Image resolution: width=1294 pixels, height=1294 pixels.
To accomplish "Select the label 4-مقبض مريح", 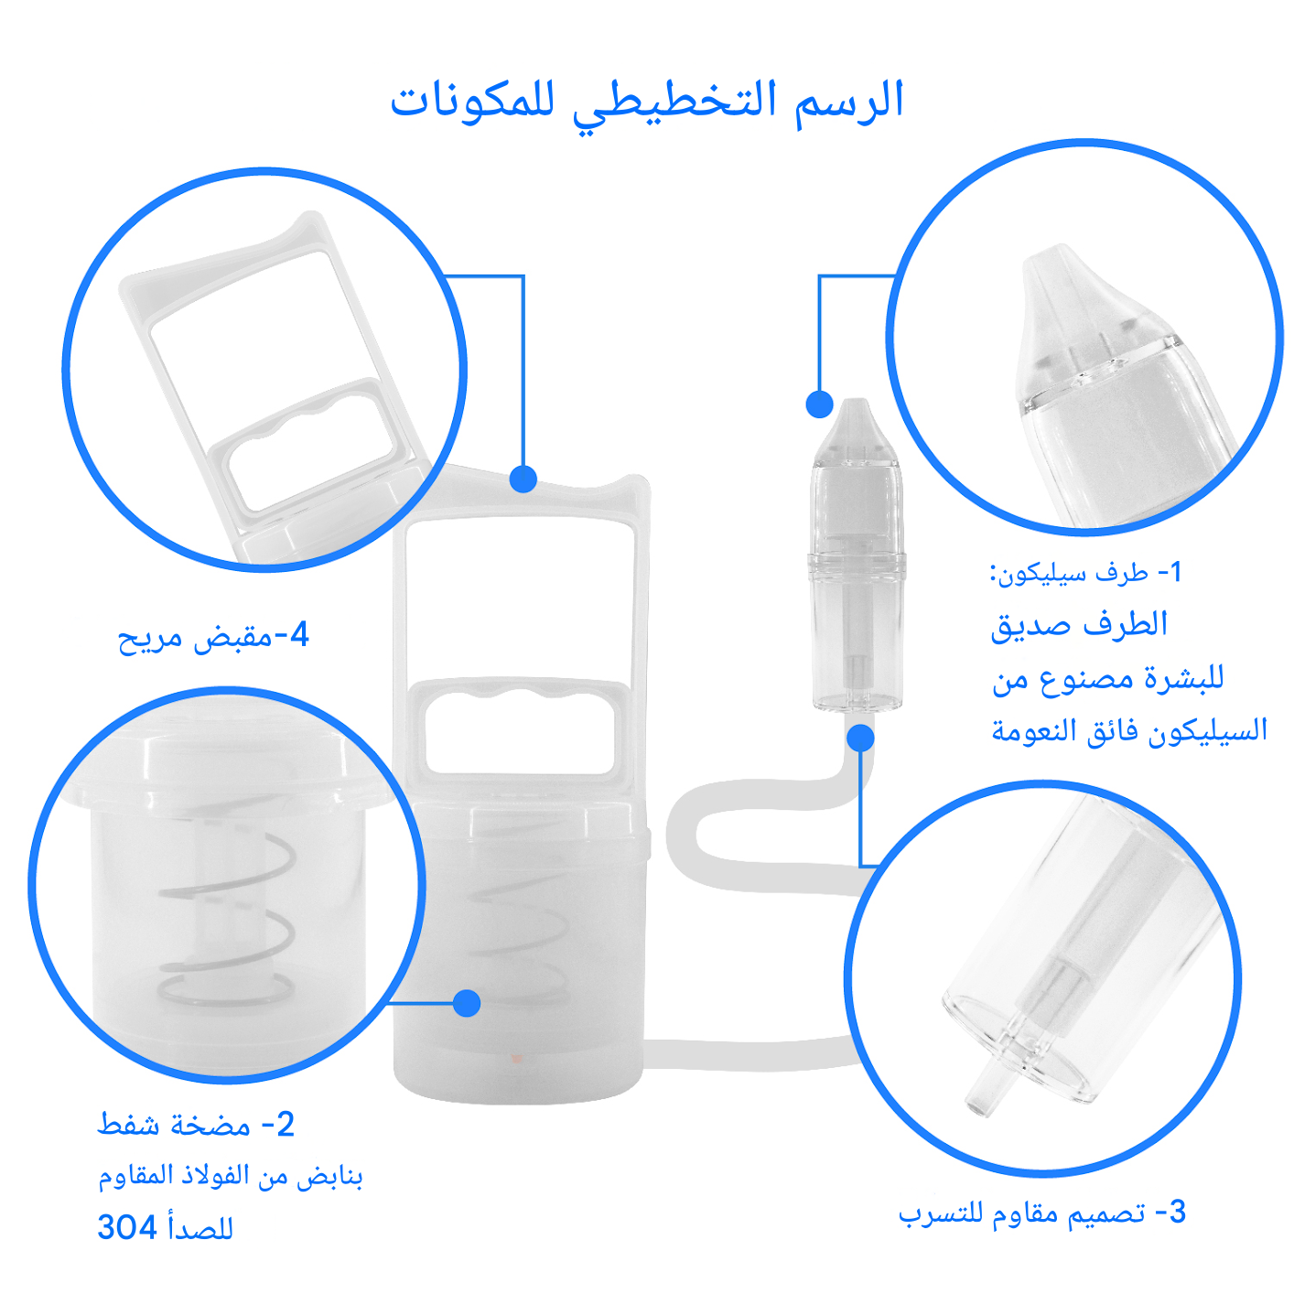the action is (213, 636).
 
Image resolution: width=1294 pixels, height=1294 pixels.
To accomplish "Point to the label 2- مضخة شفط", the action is (196, 1124).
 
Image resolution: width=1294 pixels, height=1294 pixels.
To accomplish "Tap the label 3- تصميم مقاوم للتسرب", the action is (1042, 1213).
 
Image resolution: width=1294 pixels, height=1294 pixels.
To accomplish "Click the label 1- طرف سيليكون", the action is (1085, 573).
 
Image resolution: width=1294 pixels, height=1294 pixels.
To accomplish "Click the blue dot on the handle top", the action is (523, 479).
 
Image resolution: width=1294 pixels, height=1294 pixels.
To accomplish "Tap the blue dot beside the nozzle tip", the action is (819, 404).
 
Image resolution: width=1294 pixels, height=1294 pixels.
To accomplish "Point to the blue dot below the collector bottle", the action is (860, 738).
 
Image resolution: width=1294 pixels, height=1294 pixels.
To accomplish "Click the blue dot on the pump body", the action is (467, 1003).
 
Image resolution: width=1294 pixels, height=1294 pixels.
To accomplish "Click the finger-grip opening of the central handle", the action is (520, 732).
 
